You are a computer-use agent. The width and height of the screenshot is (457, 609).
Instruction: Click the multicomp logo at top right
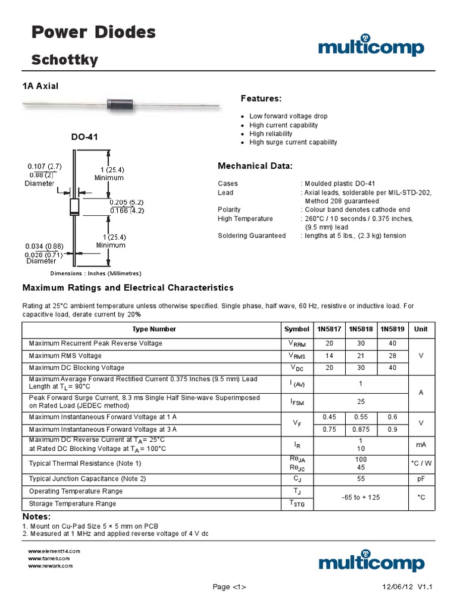pyautogui.click(x=371, y=47)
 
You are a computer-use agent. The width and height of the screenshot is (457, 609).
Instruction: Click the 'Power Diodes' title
pyautogui.click(x=93, y=33)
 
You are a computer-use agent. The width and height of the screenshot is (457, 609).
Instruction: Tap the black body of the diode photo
pyautogui.click(x=123, y=104)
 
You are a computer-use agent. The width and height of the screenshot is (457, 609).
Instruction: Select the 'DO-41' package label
pyautogui.click(x=84, y=137)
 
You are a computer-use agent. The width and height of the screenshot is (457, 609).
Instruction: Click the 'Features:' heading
pyautogui.click(x=261, y=98)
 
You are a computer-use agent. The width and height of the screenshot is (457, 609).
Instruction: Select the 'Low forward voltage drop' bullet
pyautogui.click(x=288, y=117)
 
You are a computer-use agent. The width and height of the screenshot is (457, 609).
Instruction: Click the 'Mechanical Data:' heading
pyautogui.click(x=255, y=166)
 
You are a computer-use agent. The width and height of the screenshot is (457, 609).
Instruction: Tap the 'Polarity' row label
pyautogui.click(x=229, y=209)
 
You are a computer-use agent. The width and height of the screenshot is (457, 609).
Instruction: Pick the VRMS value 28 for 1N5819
pyautogui.click(x=392, y=356)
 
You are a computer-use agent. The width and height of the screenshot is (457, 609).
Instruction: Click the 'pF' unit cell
pyautogui.click(x=421, y=478)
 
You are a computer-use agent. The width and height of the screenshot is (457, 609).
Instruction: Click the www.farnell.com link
pyautogui.click(x=49, y=559)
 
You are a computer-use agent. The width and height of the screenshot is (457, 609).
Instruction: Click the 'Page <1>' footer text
pyautogui.click(x=229, y=587)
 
